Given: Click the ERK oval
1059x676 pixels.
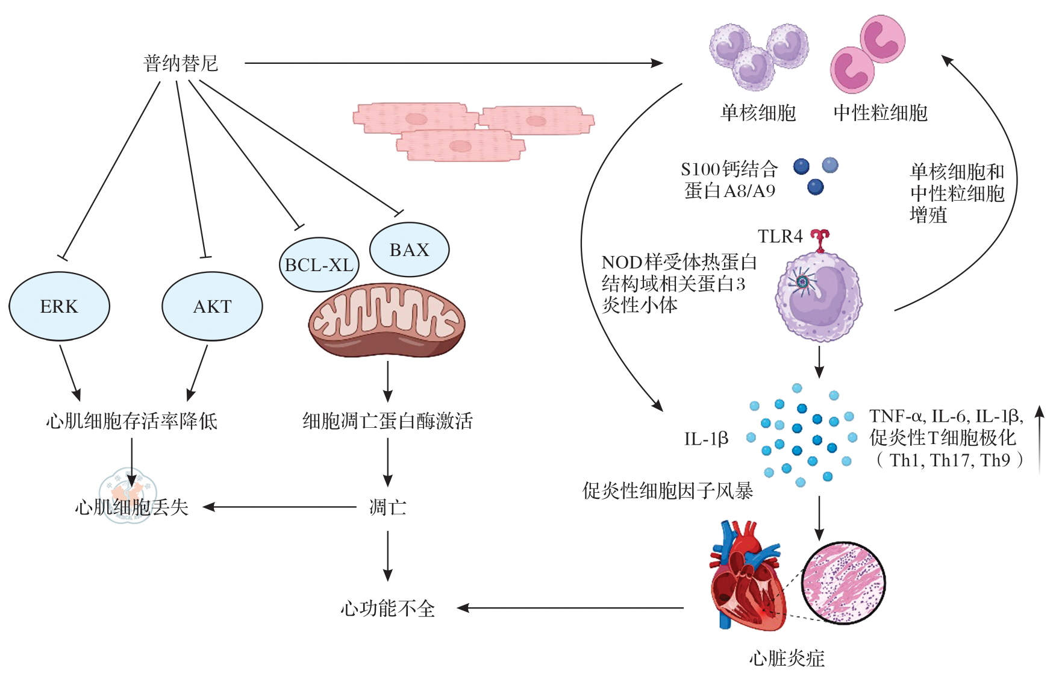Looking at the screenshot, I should (59, 306).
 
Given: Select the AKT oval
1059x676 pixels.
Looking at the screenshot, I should (212, 306).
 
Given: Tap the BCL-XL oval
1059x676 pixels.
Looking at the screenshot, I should (319, 264).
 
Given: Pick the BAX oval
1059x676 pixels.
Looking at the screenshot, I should (409, 249).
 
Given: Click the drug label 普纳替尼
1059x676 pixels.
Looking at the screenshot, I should (180, 63).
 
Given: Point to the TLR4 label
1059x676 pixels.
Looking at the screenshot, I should (779, 236).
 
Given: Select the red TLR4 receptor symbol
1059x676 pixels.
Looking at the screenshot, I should (819, 240).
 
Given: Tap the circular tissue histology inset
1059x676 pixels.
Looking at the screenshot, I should (843, 583).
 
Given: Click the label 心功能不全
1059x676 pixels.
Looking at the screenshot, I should (387, 609).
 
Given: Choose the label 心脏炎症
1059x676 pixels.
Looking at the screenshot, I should (787, 658).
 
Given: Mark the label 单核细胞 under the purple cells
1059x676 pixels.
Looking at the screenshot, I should (758, 113).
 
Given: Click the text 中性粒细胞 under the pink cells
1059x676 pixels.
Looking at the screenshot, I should (880, 113).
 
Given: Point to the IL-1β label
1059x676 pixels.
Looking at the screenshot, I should (706, 439).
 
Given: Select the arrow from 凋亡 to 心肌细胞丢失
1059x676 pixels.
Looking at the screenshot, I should (280, 507).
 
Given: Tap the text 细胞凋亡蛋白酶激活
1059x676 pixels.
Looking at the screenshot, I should (387, 421).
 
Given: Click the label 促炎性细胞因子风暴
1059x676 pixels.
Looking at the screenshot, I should (667, 491).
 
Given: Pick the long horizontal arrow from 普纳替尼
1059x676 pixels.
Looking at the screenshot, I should (452, 63).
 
